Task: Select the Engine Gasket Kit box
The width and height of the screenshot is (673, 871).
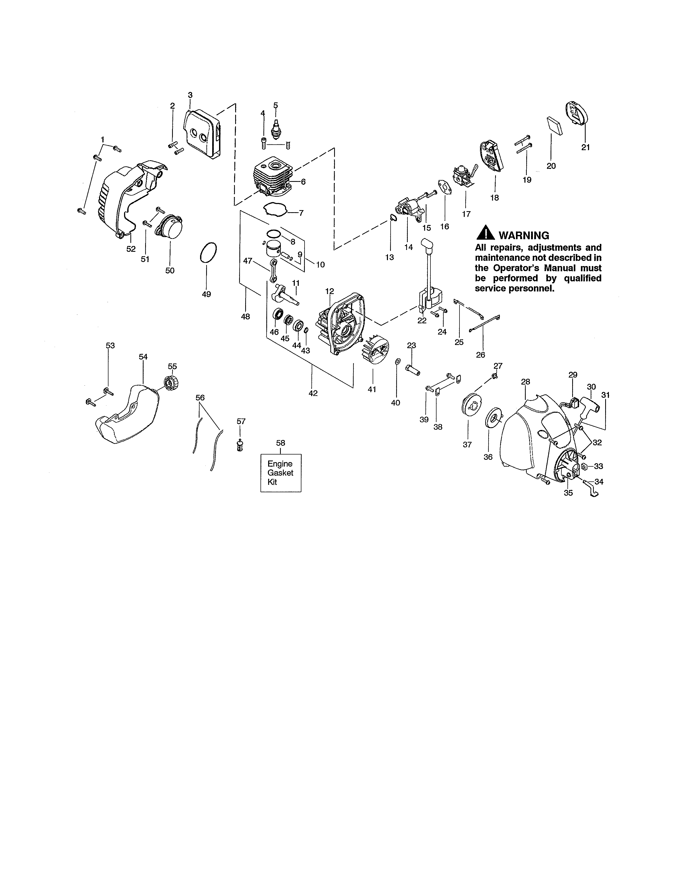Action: pyautogui.click(x=281, y=473)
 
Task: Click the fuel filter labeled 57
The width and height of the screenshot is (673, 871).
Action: pyautogui.click(x=240, y=445)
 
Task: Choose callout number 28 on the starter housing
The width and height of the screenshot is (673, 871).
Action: pyautogui.click(x=525, y=382)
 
